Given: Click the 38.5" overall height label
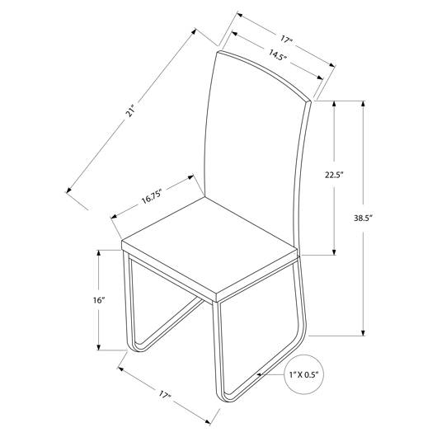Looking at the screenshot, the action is pyautogui.click(x=363, y=218).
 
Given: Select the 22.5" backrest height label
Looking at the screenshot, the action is pyautogui.click(x=334, y=175).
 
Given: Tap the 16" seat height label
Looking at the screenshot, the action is pyautogui.click(x=99, y=300).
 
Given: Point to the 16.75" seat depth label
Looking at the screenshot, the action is pyautogui.click(x=152, y=198).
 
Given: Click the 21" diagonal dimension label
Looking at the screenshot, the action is pyautogui.click(x=130, y=110).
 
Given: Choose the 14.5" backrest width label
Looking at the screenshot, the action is pyautogui.click(x=278, y=54).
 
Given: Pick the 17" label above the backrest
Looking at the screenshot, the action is pyautogui.click(x=286, y=39).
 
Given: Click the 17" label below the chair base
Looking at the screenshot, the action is pyautogui.click(x=165, y=395).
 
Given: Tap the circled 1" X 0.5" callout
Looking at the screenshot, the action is pyautogui.click(x=303, y=374).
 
